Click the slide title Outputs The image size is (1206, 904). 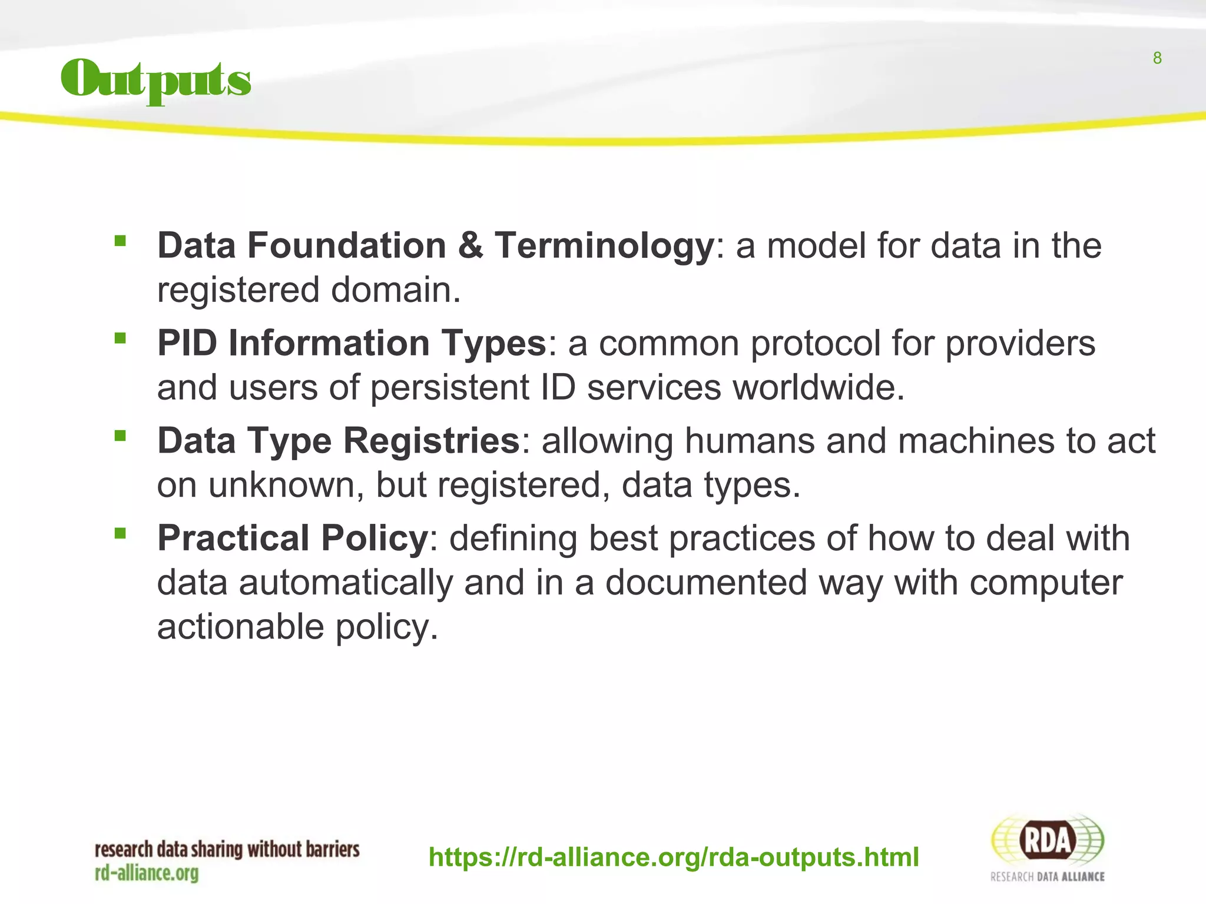tap(156, 81)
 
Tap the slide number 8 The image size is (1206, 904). tap(1157, 58)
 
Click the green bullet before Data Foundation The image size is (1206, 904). tap(121, 241)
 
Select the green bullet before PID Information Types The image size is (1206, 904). tap(121, 338)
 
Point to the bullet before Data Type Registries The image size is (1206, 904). tap(121, 436)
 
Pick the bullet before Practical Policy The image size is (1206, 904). tap(121, 534)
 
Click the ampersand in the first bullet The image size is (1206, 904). tap(470, 245)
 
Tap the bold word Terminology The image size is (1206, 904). tap(604, 246)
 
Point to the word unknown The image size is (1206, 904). tap(286, 486)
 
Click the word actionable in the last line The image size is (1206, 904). tap(240, 627)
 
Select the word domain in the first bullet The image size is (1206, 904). tap(395, 290)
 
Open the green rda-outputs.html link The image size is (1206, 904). tap(673, 858)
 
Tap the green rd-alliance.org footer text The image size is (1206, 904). tap(147, 873)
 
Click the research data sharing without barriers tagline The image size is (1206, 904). tap(227, 849)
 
